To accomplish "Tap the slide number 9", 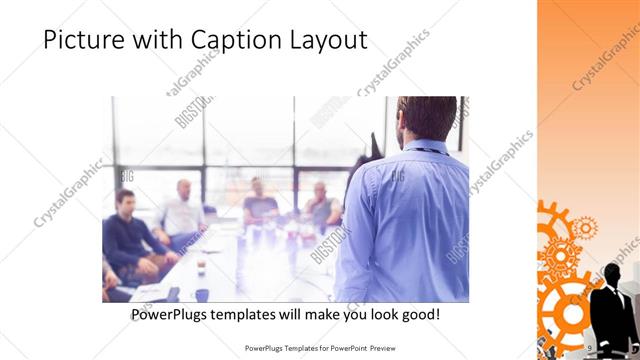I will (591, 347).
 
